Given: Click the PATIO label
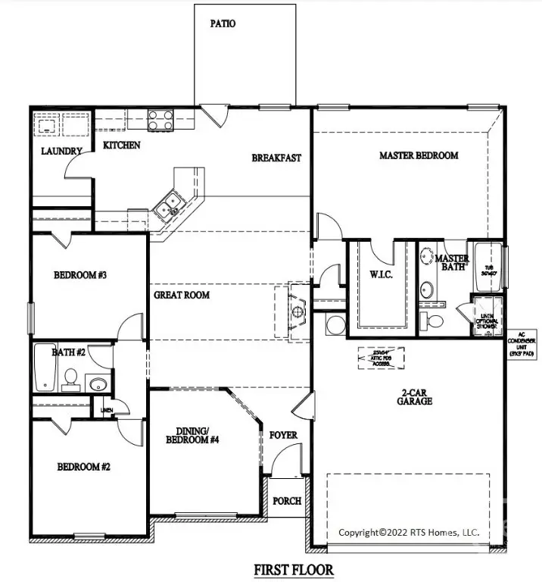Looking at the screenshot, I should [223, 23].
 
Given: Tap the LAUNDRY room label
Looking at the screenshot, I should [61, 151].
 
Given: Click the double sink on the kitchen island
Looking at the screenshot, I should [168, 202].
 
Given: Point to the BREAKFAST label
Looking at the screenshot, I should [276, 158].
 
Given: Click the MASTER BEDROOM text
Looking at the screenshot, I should [418, 155].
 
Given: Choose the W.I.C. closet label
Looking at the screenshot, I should [380, 274].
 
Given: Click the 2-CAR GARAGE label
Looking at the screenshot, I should [416, 396].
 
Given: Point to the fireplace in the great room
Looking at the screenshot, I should [296, 311].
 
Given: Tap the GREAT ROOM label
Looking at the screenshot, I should [182, 295].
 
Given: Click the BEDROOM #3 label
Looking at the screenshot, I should [79, 275].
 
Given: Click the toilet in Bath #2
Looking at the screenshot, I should [70, 377].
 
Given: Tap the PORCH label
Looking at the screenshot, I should [287, 501].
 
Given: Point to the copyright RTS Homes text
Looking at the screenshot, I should [408, 532].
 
